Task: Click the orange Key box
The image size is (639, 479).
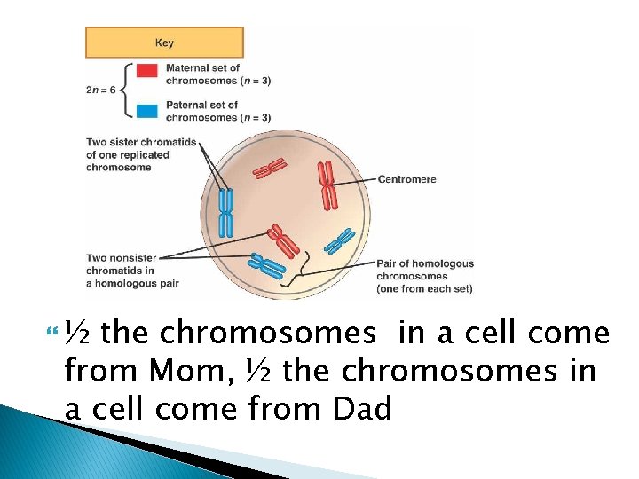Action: tap(164, 43)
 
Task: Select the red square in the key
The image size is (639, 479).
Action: tap(148, 70)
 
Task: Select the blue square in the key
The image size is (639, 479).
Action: tap(148, 111)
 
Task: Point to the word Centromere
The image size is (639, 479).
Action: tap(407, 179)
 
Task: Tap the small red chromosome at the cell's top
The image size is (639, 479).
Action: tap(274, 166)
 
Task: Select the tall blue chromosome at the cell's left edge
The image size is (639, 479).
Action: tap(226, 213)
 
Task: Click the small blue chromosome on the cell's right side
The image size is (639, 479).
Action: tap(340, 240)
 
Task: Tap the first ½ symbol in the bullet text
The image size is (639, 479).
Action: tap(82, 334)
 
